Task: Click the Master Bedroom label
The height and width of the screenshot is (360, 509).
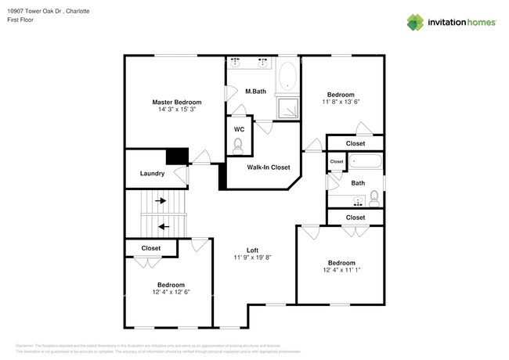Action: [x=176, y=103]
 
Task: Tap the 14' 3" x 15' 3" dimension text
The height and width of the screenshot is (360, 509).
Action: [x=176, y=110]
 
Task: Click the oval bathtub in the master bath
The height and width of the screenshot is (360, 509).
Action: [x=287, y=77]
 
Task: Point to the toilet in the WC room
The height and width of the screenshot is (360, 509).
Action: [x=238, y=143]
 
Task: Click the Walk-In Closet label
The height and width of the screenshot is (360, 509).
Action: [x=269, y=167]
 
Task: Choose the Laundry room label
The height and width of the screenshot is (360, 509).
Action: [x=151, y=174]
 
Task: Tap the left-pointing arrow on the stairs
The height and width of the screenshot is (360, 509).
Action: [x=163, y=227]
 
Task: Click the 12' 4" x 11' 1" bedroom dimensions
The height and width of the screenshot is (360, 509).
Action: [x=341, y=270]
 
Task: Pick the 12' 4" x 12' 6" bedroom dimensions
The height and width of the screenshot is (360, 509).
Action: [x=171, y=292]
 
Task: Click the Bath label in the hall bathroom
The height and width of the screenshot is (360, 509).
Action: [x=358, y=183]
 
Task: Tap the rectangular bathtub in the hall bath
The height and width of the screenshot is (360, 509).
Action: [x=365, y=163]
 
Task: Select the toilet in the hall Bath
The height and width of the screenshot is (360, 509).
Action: [x=374, y=196]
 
